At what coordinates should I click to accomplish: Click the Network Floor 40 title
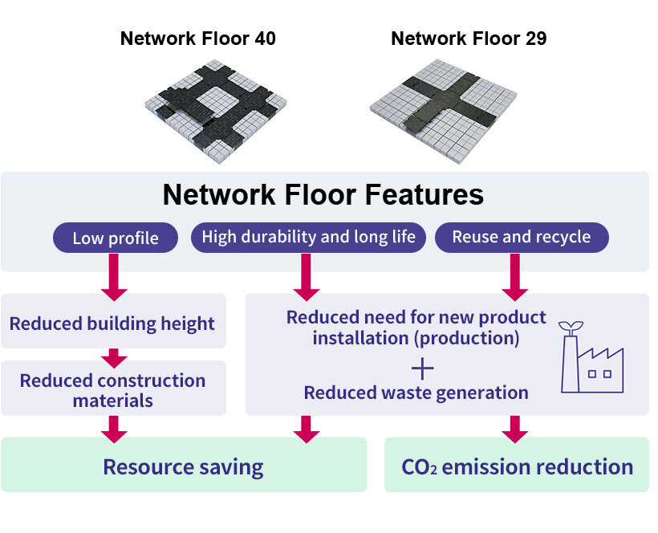[197, 38]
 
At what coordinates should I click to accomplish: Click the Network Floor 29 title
[469, 38]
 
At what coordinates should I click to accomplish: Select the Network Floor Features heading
[323, 194]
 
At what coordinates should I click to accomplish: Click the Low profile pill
[115, 238]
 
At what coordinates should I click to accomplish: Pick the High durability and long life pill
[308, 237]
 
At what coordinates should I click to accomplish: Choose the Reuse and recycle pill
[521, 237]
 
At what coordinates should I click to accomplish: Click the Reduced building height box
[112, 323]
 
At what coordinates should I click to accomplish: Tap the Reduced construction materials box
[112, 389]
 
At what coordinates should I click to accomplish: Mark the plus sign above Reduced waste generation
[422, 368]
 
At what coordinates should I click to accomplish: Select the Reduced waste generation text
[416, 393]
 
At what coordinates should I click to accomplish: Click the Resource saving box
[183, 466]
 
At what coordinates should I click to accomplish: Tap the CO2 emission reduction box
[517, 466]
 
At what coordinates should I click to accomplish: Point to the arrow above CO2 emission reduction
[515, 428]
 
